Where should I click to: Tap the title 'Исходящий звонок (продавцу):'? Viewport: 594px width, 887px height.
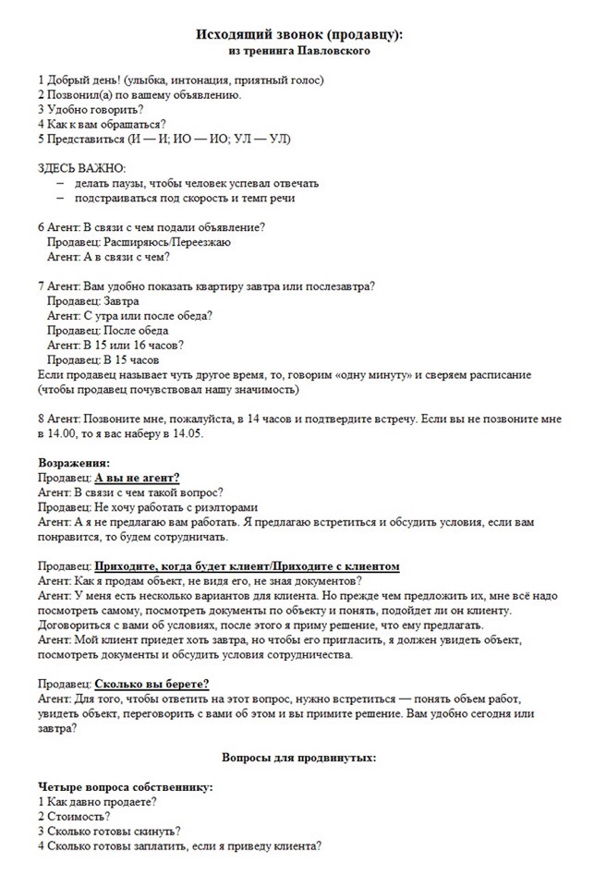(299, 34)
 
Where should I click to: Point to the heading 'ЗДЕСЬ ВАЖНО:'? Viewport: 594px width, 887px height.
(81, 168)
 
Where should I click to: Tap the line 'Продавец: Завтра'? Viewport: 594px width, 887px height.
(93, 301)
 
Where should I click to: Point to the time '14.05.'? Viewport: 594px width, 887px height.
(182, 433)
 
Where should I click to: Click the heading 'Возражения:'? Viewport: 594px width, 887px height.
(74, 463)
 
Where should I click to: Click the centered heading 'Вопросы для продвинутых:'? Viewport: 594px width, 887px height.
(298, 757)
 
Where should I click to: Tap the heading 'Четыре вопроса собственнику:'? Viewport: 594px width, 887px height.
(126, 787)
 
